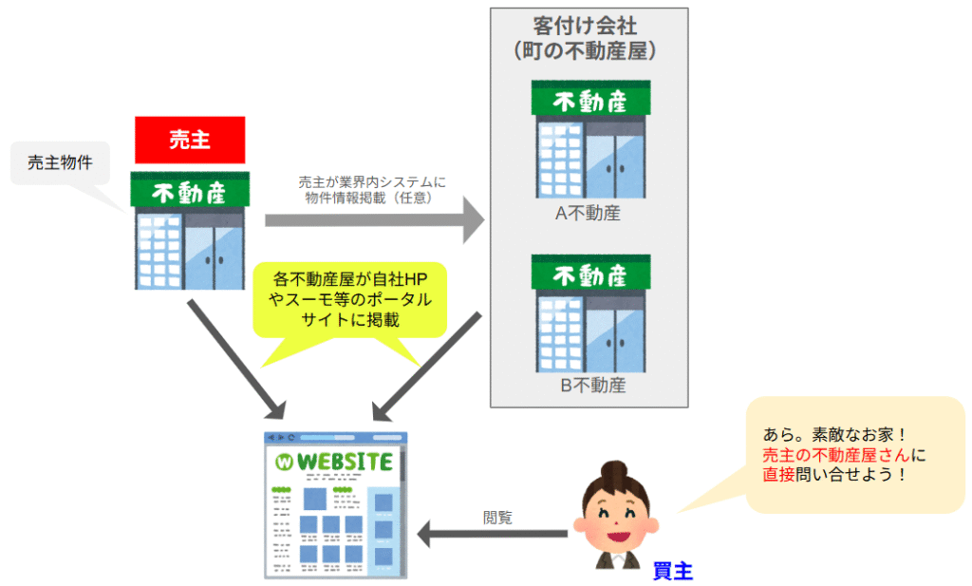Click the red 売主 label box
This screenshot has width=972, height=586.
pos(190,140)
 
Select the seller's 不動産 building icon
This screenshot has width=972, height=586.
pos(190,231)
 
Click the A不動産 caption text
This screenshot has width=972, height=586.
pos(588,214)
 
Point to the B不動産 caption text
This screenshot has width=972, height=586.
pos(589,387)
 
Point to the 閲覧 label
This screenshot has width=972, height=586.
pos(497,518)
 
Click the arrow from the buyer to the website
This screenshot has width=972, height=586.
pos(494,536)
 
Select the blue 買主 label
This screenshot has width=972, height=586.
pos(673,571)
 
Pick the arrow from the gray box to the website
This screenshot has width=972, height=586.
pos(426,367)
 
